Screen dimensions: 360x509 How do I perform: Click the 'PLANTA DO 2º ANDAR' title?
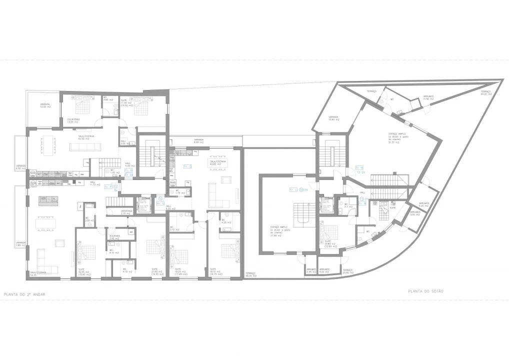24,294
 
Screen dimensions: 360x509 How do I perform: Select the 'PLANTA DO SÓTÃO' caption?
425,291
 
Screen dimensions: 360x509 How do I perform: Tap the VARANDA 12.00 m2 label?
45,106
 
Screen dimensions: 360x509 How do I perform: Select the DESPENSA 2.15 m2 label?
113,212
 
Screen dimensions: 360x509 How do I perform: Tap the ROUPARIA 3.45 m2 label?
114,238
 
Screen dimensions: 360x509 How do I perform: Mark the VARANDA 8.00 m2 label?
198,141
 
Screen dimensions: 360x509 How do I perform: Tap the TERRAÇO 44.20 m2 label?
486,93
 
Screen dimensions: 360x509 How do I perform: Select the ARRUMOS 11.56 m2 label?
428,98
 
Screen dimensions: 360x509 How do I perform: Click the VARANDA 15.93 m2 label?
334,118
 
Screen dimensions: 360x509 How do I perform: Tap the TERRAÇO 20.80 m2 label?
347,270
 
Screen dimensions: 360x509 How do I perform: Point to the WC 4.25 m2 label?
224,221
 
